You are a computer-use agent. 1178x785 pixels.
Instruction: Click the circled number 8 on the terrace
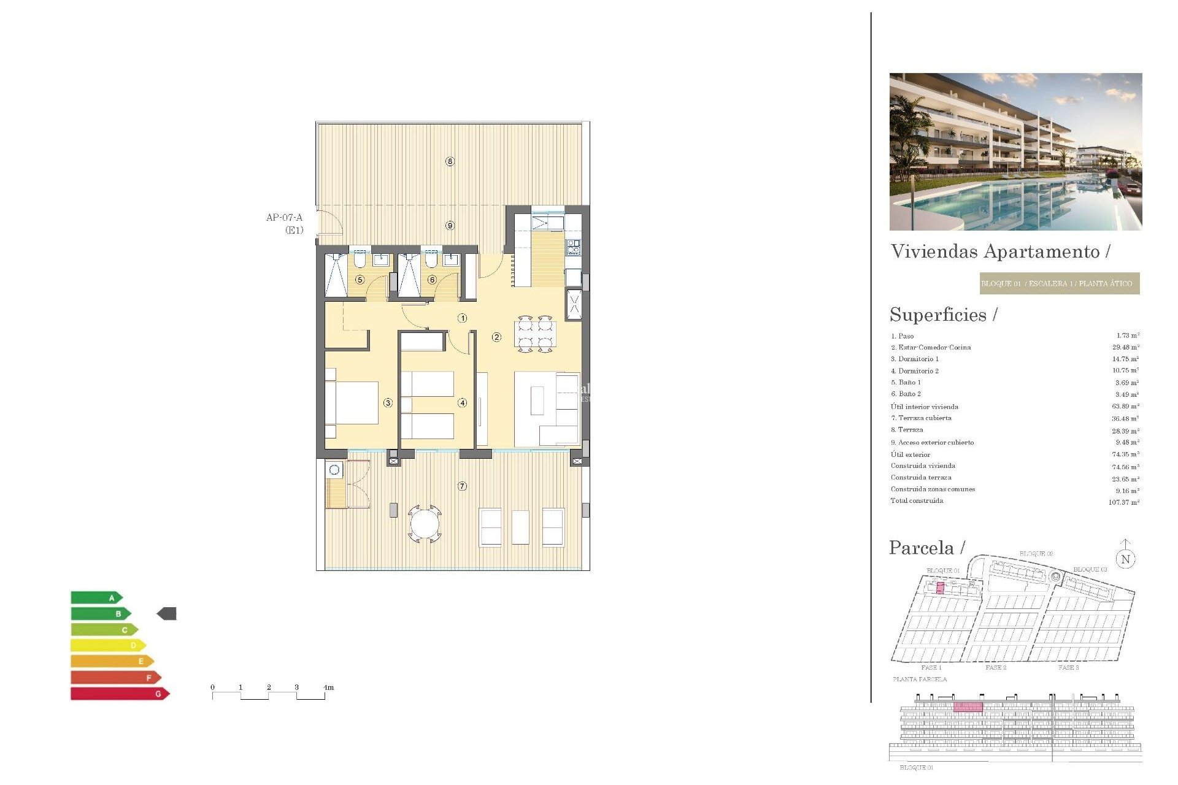pos(450,161)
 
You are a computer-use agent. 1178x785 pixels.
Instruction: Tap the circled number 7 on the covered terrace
pos(462,486)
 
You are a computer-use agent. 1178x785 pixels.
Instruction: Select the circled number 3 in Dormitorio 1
pos(388,403)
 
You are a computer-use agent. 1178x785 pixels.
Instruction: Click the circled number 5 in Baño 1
pos(360,280)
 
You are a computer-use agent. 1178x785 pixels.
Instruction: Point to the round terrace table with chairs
pos(425,524)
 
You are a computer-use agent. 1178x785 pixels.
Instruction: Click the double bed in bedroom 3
pos(352,403)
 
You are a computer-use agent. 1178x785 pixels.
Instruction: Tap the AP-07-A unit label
pos(285,218)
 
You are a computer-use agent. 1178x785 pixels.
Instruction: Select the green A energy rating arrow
pos(97,597)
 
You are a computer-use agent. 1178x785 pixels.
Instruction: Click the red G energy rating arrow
pos(120,694)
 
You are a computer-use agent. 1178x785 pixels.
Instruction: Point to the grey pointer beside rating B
pos(167,613)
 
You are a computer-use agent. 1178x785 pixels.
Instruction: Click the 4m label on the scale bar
pos(329,687)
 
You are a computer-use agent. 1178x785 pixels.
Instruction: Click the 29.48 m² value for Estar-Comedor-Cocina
pos(1125,347)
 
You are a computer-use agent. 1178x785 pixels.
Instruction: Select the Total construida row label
pos(917,501)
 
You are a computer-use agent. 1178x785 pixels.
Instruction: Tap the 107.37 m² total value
pos(1123,502)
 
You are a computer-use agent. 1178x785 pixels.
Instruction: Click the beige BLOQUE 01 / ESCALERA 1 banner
pos(1060,283)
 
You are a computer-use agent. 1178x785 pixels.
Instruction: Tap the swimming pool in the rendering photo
pos(1006,202)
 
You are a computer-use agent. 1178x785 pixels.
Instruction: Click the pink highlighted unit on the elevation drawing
pos(968,707)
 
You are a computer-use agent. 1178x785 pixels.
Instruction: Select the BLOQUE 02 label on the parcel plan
pos(1036,554)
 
